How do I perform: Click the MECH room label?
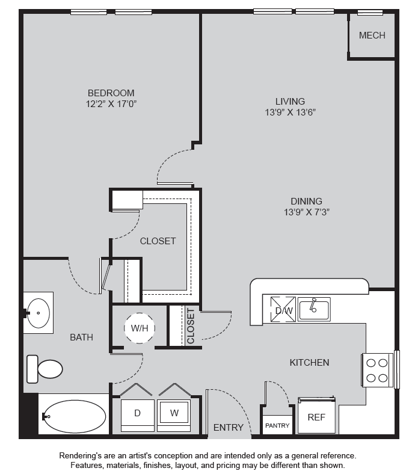[372, 35]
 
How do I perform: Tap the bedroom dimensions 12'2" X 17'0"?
[111, 104]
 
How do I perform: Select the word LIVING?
[290, 101]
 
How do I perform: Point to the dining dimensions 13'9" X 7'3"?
[306, 212]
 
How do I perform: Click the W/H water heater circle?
[140, 328]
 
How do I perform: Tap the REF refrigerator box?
[316, 416]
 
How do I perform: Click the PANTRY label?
[277, 426]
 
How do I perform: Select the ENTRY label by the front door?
[229, 428]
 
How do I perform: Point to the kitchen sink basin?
[314, 309]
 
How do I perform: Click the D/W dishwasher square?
[283, 309]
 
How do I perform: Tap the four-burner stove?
[377, 371]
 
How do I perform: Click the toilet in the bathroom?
[45, 369]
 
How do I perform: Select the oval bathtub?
[75, 416]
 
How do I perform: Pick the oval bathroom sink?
[38, 313]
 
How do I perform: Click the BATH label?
[81, 337]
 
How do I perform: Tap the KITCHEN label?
[309, 363]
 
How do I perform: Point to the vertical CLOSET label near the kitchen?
[191, 326]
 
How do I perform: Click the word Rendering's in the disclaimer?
[80, 455]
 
